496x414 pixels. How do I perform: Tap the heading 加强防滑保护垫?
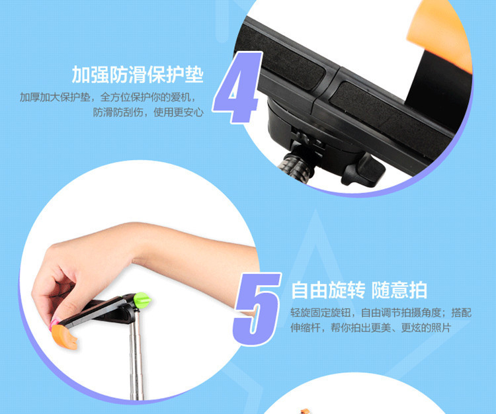[x=138, y=75]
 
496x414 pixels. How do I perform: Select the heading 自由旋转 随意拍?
[x=359, y=290]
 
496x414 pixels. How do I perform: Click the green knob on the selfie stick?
[x=142, y=300]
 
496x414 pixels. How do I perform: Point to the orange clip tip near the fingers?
[x=65, y=337]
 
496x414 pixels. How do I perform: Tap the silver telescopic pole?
[x=137, y=357]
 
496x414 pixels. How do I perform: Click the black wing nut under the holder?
[x=364, y=171]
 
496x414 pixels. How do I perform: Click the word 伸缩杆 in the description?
[x=306, y=328]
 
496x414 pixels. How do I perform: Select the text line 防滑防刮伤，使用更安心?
[x=148, y=112]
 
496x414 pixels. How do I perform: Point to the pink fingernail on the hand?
[x=54, y=324]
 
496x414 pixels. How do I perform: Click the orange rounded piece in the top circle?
[x=440, y=35]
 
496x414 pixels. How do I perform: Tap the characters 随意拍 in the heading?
[x=399, y=290]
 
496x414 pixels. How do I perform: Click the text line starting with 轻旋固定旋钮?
[x=381, y=313]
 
